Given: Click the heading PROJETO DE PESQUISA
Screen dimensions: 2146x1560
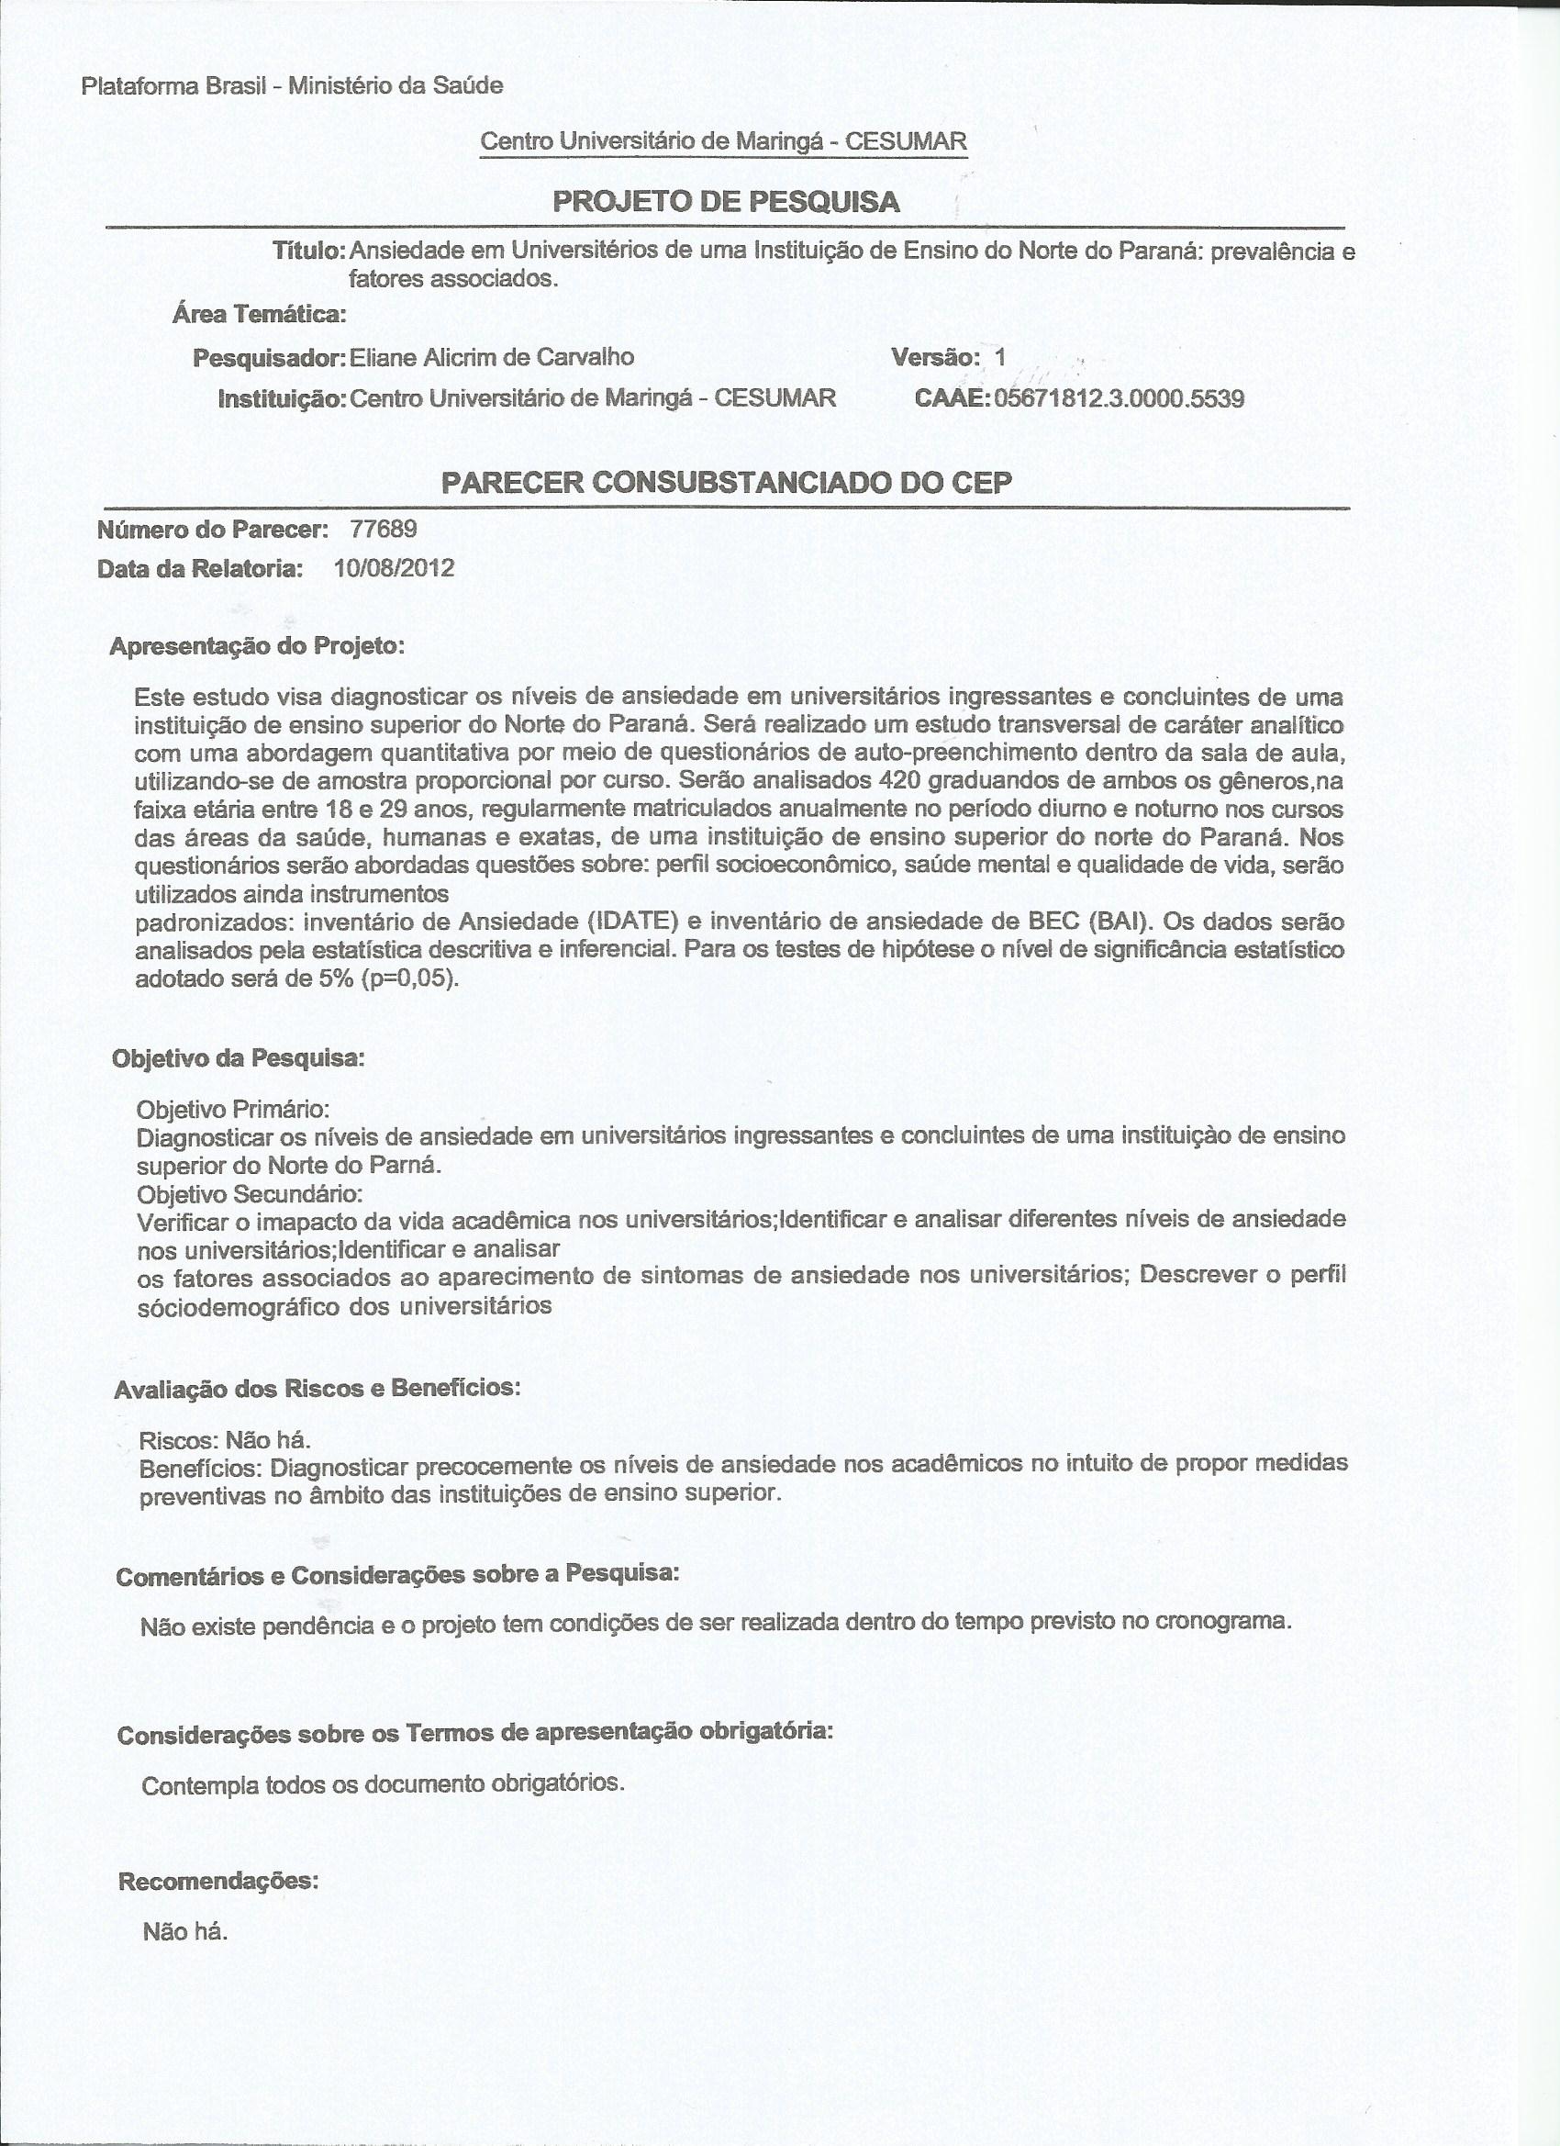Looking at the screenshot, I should pyautogui.click(x=726, y=202).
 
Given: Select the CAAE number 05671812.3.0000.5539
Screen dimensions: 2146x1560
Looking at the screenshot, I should pyautogui.click(x=1120, y=398).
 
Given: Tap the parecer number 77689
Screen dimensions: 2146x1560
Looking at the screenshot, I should pyautogui.click(x=384, y=529).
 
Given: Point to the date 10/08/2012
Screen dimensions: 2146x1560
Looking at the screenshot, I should pyautogui.click(x=394, y=568).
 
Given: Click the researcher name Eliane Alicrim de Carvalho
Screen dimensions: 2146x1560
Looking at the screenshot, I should pyautogui.click(x=491, y=357).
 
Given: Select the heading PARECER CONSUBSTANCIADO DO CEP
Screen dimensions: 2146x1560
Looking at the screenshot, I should pyautogui.click(x=727, y=483).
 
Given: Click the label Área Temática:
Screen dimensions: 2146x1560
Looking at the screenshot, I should pyautogui.click(x=258, y=314).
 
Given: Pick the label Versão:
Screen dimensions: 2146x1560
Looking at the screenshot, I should pyautogui.click(x=935, y=357).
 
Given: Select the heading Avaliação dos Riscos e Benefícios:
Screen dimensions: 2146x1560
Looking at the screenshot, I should pyautogui.click(x=317, y=1388).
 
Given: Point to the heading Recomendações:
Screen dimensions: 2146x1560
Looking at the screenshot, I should pyautogui.click(x=217, y=1853).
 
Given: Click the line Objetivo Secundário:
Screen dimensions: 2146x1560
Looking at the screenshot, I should pyautogui.click(x=250, y=1191).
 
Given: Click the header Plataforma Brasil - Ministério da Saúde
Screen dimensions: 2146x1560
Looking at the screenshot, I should pyautogui.click(x=293, y=86).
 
